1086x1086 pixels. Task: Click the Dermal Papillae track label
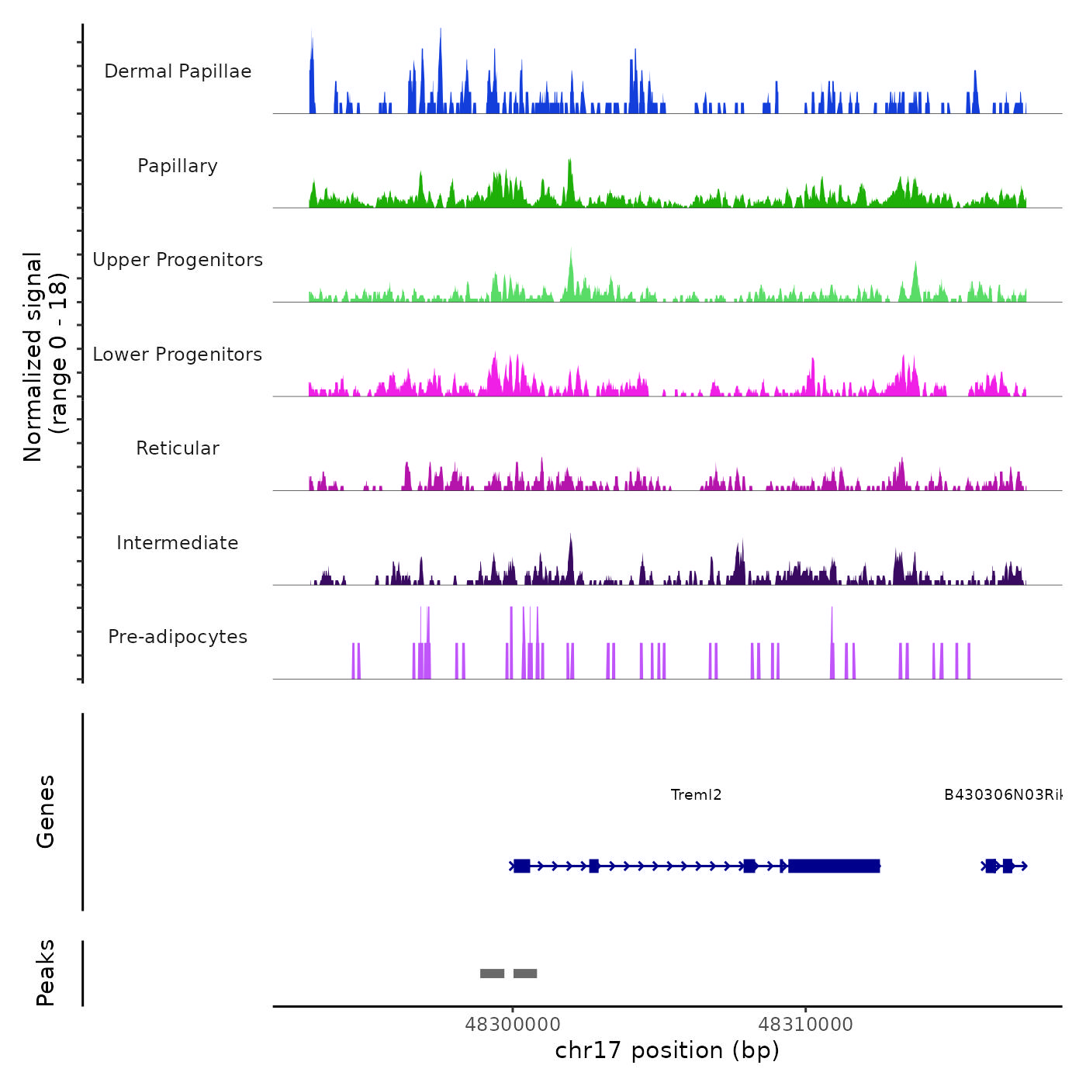[178, 71]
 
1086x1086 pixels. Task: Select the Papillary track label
[178, 166]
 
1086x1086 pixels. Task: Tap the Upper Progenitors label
[178, 260]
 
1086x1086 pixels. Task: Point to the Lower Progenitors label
[178, 355]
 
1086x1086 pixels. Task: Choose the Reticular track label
[178, 448]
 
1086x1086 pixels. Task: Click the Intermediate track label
[178, 543]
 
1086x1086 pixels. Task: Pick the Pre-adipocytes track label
[178, 637]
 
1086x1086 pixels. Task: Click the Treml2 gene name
[696, 795]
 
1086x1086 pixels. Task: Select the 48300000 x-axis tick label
[513, 1025]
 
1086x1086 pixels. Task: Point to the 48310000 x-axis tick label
[805, 1025]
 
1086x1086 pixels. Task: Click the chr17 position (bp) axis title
[667, 1050]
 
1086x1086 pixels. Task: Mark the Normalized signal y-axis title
[45, 357]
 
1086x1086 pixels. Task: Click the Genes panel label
[46, 811]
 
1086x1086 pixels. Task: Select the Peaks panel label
[46, 973]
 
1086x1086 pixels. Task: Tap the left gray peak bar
[492, 974]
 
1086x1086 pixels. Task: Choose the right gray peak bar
[525, 974]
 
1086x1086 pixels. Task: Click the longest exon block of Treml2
[834, 866]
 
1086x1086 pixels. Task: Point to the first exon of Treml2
[521, 866]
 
